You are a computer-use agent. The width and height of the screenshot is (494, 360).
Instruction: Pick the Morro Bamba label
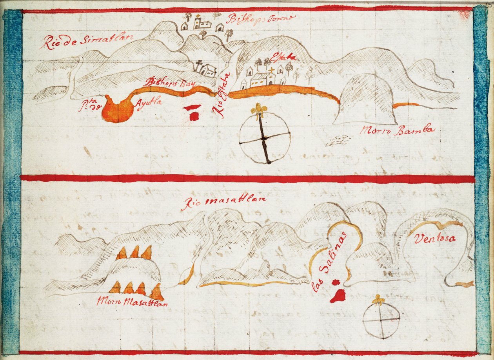pos(397,130)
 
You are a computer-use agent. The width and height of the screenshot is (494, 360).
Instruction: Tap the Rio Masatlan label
pos(224,203)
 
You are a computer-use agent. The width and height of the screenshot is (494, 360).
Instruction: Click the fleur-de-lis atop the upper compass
pos(259,110)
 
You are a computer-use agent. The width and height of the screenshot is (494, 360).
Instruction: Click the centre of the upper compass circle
pos(265,138)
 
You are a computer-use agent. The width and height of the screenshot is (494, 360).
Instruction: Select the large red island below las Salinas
pos(338,295)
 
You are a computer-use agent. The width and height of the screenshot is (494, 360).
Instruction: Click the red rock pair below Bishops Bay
pos(193,111)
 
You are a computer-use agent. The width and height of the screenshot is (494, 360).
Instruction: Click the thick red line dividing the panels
pos(247,179)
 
